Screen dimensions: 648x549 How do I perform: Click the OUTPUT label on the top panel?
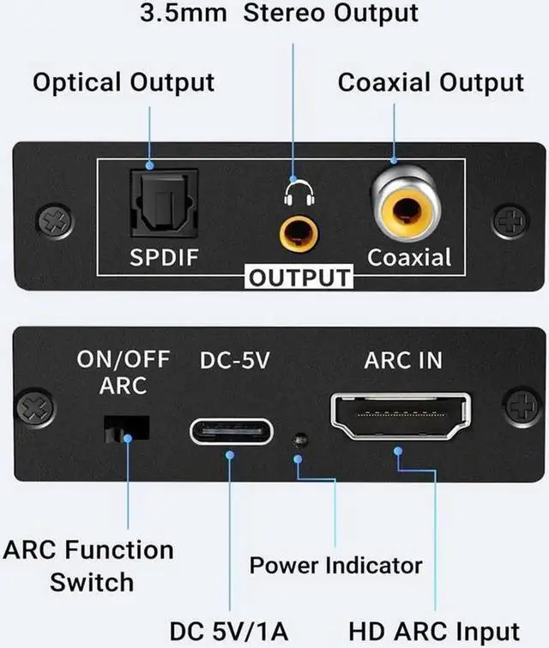pos(299,278)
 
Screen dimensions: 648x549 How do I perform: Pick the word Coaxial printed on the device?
pos(409,257)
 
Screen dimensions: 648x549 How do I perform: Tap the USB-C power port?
pos(231,429)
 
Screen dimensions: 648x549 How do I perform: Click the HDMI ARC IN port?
pos(400,417)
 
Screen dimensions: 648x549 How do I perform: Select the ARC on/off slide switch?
pos(126,429)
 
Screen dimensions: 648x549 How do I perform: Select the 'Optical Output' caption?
pos(124,83)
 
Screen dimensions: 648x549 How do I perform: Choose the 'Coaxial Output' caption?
pos(430,83)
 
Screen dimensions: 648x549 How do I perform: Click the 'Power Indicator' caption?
pos(335,566)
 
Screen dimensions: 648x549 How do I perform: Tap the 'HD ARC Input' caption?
pos(434,631)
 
